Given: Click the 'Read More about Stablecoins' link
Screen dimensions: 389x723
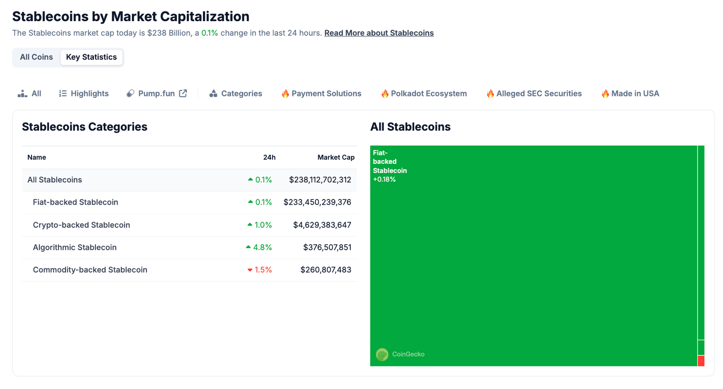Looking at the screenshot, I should pos(378,33).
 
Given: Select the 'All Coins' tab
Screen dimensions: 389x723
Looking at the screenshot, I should pos(36,57).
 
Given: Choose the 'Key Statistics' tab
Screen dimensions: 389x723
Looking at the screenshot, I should pos(91,57).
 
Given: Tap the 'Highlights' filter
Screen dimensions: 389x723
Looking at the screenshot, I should pos(84,94).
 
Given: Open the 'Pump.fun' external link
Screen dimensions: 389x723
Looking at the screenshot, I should pos(157,94).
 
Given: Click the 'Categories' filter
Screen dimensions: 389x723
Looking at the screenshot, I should pos(236,94).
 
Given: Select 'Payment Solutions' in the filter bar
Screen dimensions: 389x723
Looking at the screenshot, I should pos(321,94).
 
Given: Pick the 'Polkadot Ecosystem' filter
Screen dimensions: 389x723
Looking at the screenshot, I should pos(424,94).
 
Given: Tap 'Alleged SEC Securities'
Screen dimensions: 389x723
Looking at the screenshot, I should pos(534,94).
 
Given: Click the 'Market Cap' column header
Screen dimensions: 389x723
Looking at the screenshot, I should pos(336,158).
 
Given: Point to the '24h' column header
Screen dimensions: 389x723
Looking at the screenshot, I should pos(269,158).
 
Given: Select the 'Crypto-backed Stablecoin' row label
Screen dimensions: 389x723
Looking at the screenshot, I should pos(81,225).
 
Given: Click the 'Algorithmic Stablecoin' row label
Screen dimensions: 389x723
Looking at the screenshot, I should pos(75,247).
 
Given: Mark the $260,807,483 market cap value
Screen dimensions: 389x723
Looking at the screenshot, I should pos(326,270).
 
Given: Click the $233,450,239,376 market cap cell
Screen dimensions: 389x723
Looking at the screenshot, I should pos(317,202).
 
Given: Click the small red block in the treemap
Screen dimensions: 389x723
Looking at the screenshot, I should pos(701,361).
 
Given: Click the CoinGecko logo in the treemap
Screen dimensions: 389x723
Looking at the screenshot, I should pos(382,354).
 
